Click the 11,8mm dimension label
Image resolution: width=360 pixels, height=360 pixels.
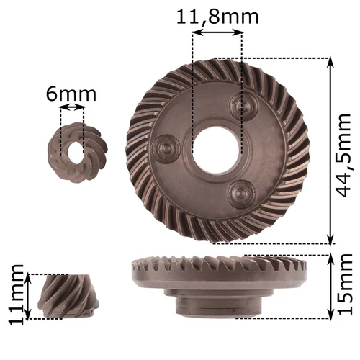tap(217, 15)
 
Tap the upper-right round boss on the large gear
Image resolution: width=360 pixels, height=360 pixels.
tap(243, 106)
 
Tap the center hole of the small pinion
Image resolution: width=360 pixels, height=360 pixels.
tap(72, 143)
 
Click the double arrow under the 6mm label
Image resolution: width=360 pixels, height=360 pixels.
tap(72, 108)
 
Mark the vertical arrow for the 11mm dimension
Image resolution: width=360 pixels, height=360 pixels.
tap(29, 295)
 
